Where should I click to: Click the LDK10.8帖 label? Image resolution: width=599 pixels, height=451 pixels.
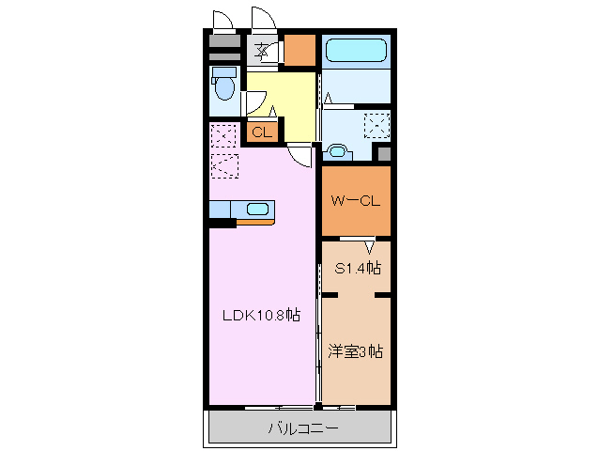click(261, 317)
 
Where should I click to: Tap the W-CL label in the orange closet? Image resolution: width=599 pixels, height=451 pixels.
click(355, 200)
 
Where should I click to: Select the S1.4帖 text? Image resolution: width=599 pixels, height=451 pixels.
click(358, 268)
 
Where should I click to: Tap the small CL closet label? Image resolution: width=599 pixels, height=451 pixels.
click(261, 132)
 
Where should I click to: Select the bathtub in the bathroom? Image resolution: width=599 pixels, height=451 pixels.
click(355, 50)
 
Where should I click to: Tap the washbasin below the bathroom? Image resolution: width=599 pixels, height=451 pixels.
click(337, 149)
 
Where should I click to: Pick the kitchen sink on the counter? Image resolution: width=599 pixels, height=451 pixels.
click(258, 210)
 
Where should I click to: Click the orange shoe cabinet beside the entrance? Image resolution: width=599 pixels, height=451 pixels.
click(299, 50)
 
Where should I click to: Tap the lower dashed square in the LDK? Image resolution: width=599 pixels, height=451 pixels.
click(224, 166)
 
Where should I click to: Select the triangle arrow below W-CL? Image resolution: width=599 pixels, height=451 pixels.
click(369, 248)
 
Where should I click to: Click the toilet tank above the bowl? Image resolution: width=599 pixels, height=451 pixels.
click(223, 71)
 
